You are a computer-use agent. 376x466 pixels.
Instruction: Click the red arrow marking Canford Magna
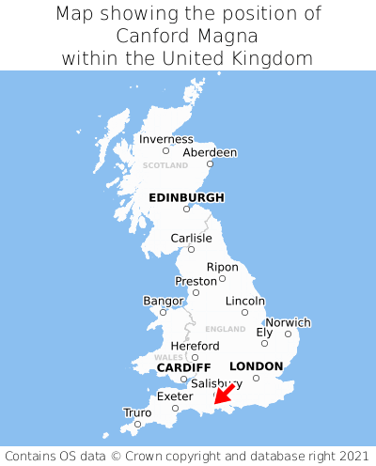pos(224,395)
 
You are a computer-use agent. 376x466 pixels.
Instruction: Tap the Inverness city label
pos(165,139)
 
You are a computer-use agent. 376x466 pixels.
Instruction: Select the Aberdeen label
pos(210,152)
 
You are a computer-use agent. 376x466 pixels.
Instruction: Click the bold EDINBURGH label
pos(186,197)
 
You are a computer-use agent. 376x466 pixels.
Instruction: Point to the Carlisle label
pos(191,238)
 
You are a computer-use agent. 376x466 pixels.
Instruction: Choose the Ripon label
pos(222,267)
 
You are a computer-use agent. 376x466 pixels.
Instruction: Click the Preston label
pos(196,281)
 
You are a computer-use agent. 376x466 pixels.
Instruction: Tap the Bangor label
pos(163,301)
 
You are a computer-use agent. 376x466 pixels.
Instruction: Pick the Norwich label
pos(288,322)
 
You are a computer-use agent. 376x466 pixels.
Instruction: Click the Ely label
pos(264,332)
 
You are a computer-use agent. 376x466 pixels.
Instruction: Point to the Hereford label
pos(195,346)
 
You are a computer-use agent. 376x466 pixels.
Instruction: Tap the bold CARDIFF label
pos(183,366)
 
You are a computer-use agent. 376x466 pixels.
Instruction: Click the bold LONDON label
pos(256,365)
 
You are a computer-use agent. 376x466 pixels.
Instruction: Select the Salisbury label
pos(216,383)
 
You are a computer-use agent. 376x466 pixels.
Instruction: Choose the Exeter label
pos(175,396)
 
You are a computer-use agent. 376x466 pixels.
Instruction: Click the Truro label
pos(137,412)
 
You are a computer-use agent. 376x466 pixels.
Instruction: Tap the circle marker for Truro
pos(137,425)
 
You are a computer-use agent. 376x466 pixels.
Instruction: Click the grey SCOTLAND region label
pos(165,165)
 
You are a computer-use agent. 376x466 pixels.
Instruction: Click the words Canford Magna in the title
pos(188,36)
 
